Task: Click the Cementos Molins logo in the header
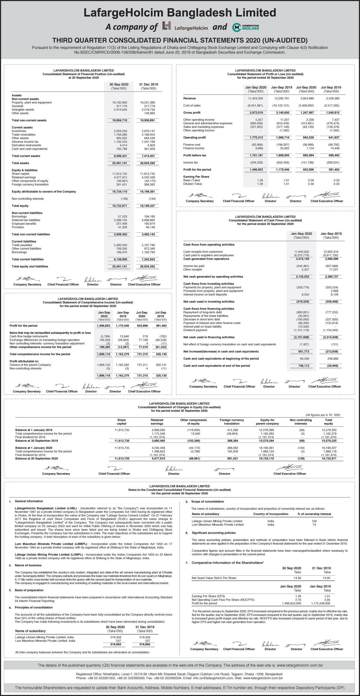(x=246, y=27)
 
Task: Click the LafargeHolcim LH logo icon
(x=166, y=26)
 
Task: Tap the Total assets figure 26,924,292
(x=148, y=163)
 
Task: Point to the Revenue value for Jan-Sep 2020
(x=255, y=98)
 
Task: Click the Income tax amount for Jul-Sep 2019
(x=333, y=163)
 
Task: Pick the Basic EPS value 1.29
(x=260, y=180)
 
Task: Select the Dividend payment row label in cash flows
(x=195, y=330)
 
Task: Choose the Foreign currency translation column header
(x=232, y=422)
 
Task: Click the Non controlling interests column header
(x=301, y=422)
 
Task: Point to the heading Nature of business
(x=28, y=565)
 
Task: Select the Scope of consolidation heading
(x=208, y=502)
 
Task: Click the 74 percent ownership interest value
(x=314, y=525)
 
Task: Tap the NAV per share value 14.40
(x=297, y=578)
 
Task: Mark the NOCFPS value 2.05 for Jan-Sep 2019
(x=327, y=600)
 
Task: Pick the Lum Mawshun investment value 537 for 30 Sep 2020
(x=118, y=640)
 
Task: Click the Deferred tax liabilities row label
(x=26, y=220)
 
